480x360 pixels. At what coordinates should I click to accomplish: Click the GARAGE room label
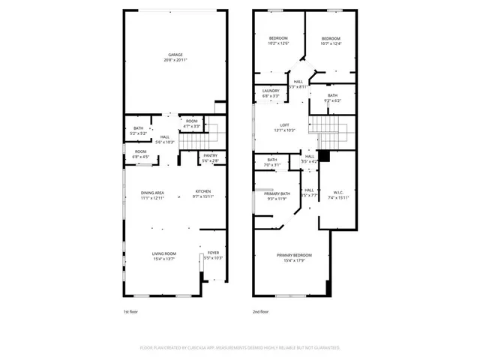(x=175, y=55)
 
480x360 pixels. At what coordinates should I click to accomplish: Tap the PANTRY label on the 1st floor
(x=210, y=155)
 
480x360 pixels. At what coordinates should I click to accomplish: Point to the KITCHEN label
(x=205, y=192)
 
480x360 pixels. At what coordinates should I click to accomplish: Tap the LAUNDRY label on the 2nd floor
(x=271, y=91)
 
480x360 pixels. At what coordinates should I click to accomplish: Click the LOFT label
(x=284, y=124)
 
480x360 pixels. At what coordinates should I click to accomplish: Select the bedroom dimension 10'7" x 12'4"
(x=331, y=43)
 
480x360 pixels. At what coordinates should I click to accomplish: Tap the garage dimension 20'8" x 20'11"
(x=175, y=60)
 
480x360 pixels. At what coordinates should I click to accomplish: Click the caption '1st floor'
(x=131, y=311)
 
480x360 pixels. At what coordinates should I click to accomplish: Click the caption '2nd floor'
(x=261, y=311)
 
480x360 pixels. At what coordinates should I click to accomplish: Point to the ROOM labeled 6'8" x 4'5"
(x=142, y=154)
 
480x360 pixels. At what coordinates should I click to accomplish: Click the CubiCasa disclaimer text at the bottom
(x=240, y=347)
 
